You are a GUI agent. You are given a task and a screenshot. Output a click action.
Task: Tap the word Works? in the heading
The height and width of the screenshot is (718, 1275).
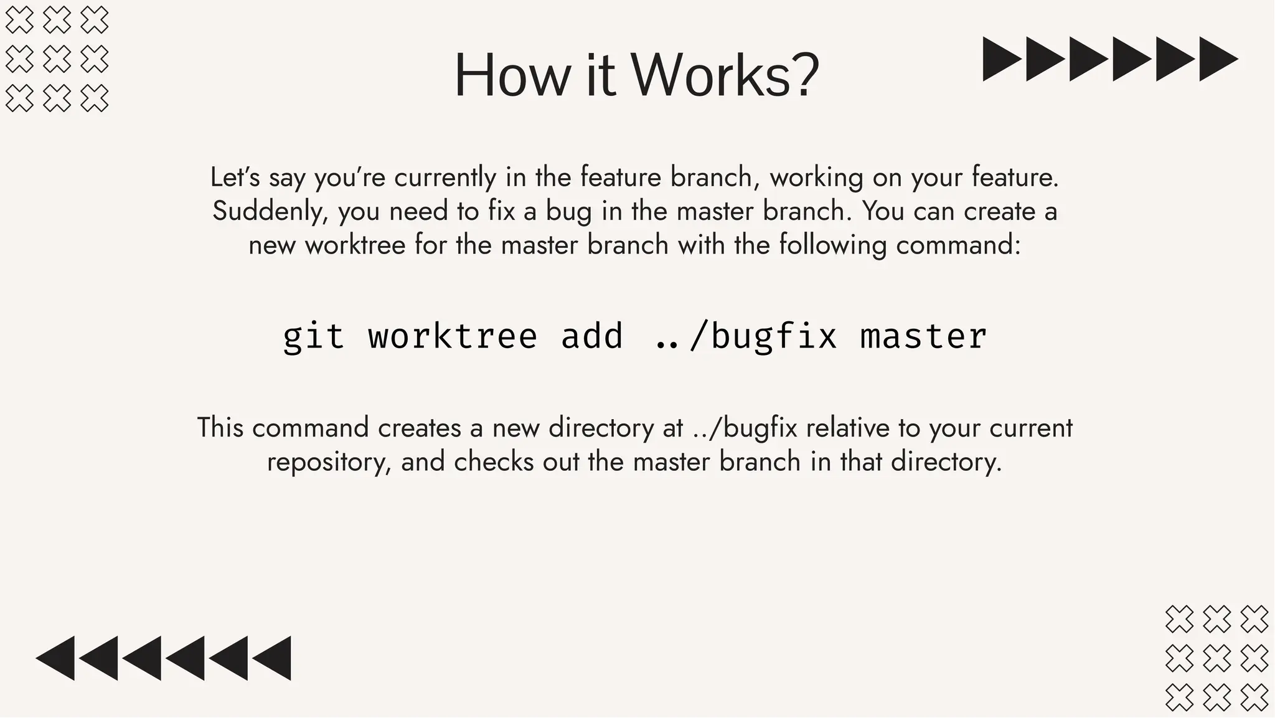coord(725,76)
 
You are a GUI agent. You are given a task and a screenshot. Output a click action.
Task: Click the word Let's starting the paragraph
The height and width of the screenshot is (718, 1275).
coord(235,177)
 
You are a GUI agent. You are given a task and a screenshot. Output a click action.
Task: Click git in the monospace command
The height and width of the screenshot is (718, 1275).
coord(313,337)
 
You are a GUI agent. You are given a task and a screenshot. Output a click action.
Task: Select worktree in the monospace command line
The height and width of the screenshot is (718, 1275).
coord(453,337)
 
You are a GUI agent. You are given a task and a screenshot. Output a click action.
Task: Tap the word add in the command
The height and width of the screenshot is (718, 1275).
coord(591,337)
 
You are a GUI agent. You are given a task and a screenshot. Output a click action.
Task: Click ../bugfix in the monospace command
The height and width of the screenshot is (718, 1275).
coord(746,337)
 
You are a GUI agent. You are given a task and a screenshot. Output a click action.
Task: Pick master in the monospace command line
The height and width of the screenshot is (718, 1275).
coord(923,337)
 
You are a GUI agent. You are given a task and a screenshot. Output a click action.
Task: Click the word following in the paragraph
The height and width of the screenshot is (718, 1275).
coord(832,245)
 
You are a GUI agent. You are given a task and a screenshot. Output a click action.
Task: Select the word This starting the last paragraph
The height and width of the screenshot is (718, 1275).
coord(220,428)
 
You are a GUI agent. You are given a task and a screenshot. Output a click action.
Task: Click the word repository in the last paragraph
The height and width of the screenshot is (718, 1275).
coord(328,462)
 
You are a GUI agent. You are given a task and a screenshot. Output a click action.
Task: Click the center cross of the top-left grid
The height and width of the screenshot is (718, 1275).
coord(57,59)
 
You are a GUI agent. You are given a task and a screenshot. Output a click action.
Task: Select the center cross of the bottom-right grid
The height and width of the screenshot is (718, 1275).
coord(1216,658)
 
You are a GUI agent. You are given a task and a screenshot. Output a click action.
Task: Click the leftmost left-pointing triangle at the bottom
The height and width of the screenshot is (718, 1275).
coord(56,658)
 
